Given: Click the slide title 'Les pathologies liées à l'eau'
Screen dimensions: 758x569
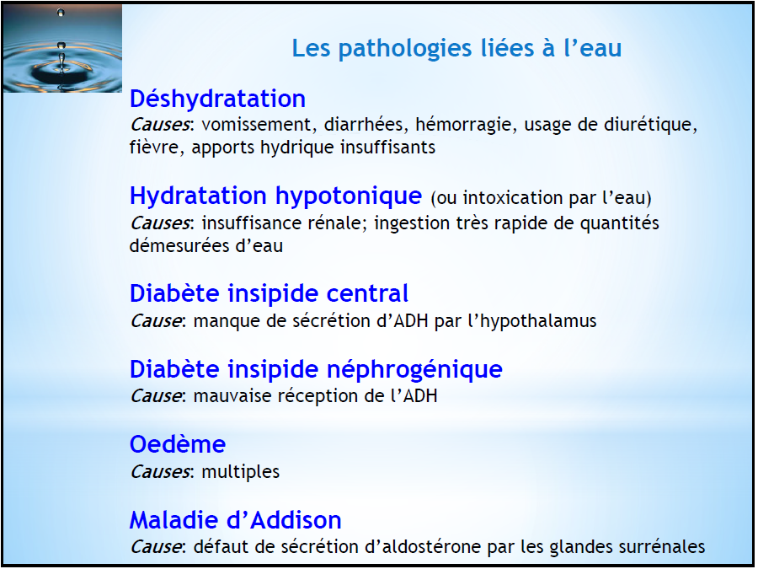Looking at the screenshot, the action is (456, 48).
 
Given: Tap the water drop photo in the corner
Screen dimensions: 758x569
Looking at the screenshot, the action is (62, 48).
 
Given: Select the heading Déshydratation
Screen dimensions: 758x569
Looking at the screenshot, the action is (217, 99).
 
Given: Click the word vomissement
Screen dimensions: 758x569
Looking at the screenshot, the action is (257, 125).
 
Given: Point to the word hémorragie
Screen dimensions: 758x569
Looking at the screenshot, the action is (463, 126).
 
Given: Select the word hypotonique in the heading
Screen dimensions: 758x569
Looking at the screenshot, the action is (349, 196).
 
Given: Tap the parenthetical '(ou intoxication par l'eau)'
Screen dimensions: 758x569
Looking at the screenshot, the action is (541, 198).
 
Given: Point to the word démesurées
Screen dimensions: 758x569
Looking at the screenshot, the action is (179, 246).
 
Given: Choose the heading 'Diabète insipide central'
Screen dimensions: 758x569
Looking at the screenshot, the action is (269, 293).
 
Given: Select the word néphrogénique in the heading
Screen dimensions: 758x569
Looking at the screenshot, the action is (414, 370).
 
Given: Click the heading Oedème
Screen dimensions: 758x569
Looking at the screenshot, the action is (178, 444).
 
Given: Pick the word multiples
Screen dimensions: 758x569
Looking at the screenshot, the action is (240, 472).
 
